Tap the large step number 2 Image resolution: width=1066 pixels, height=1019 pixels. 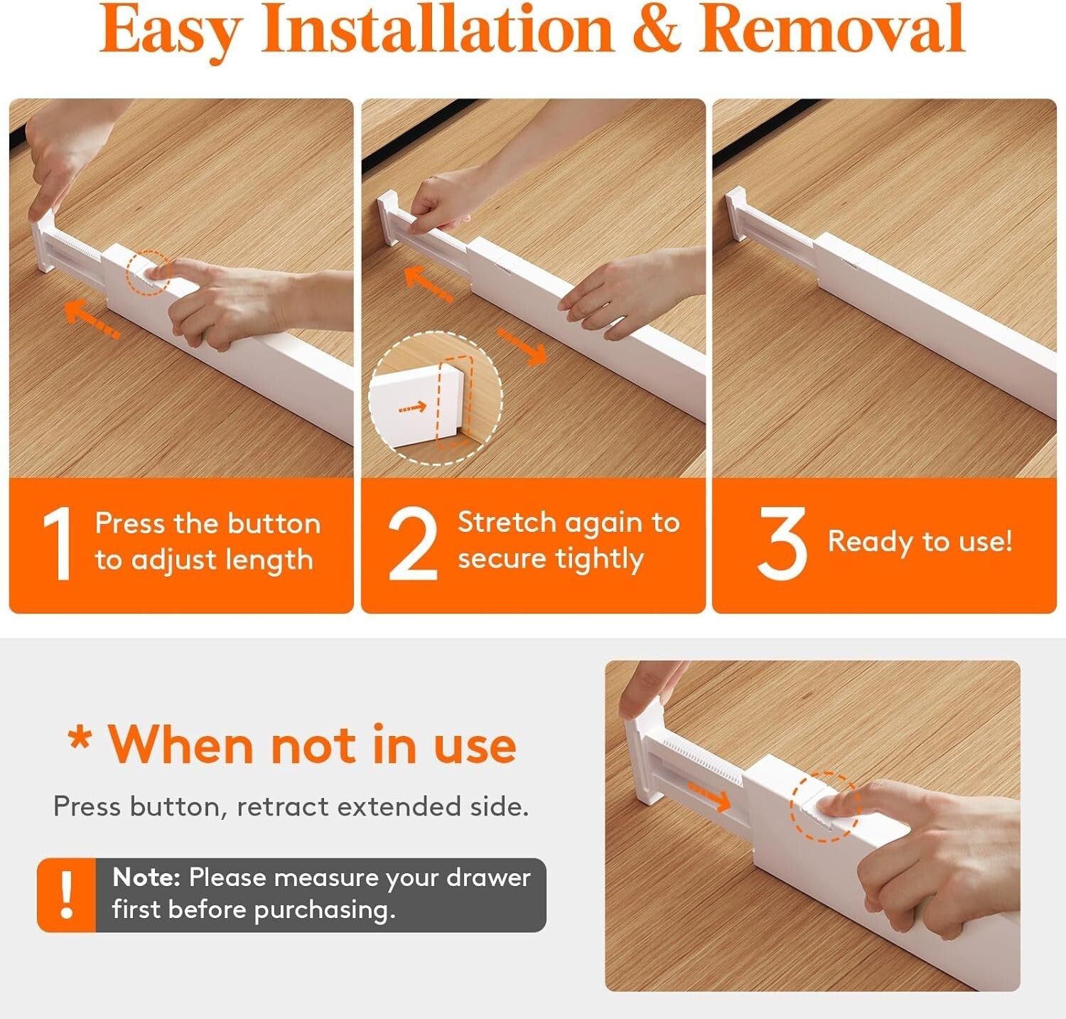[413, 544]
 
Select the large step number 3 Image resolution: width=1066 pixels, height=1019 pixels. [782, 544]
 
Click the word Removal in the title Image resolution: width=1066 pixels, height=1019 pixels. [832, 30]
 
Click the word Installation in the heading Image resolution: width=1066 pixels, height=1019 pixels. [438, 30]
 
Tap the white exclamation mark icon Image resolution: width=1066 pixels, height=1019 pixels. [67, 895]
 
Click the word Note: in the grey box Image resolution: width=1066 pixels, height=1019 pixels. [146, 877]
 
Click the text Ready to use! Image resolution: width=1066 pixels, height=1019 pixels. [920, 542]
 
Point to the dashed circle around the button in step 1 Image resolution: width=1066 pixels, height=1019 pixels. [149, 272]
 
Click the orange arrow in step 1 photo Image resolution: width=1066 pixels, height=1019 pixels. [92, 319]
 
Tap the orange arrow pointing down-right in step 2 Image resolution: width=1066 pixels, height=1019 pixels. [522, 346]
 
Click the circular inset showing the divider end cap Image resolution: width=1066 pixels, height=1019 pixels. [435, 398]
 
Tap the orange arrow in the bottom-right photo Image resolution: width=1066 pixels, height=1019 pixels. [709, 796]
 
